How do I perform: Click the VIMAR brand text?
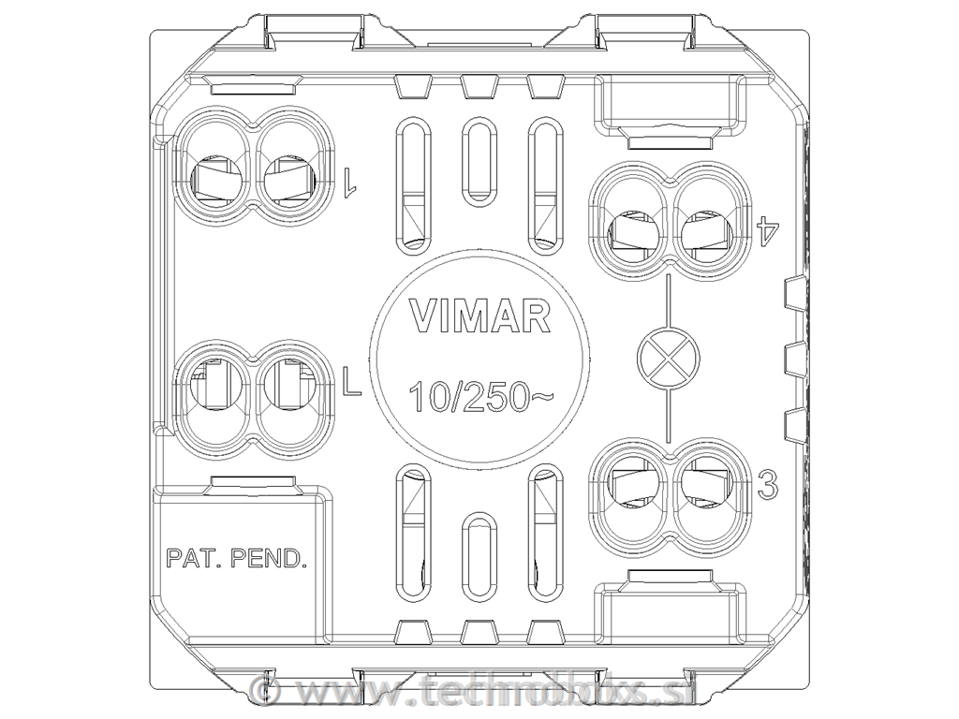[x=480, y=317]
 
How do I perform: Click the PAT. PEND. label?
[x=236, y=559]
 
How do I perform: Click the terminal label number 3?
[x=768, y=485]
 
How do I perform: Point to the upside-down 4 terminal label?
[x=768, y=227]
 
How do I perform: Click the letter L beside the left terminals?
[x=351, y=383]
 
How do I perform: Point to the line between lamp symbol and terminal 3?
[x=668, y=414]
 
